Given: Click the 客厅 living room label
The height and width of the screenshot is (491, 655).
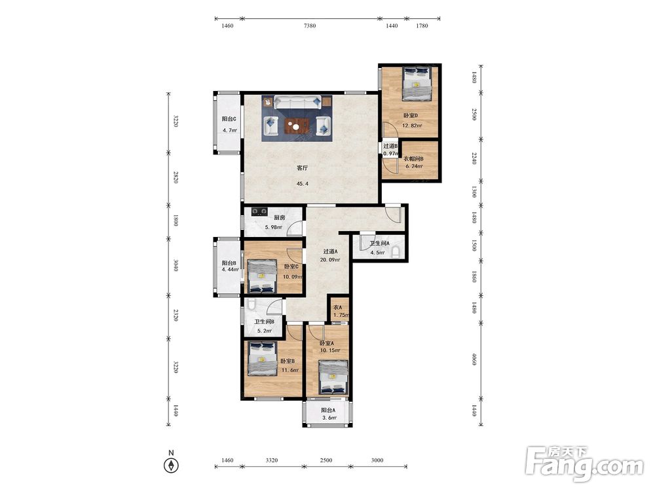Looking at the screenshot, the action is (x=302, y=168).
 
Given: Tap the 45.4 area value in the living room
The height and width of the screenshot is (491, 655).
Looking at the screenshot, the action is (x=302, y=184).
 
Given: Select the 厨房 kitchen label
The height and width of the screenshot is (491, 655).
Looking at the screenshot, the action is (x=279, y=217).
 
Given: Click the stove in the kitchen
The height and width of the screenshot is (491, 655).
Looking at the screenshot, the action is (x=259, y=211).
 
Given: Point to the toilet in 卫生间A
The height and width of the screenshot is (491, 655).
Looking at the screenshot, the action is (x=396, y=252).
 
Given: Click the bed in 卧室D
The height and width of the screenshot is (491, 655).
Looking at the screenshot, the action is (x=417, y=84).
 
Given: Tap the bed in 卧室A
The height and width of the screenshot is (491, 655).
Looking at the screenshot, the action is (x=333, y=378).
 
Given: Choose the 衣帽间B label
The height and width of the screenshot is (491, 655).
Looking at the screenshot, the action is (x=413, y=158).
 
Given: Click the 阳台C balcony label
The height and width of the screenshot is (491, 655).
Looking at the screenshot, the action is (x=229, y=119).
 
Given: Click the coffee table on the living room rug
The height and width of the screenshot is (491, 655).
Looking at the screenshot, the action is (x=297, y=125).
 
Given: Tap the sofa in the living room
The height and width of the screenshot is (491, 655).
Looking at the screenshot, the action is (x=297, y=102).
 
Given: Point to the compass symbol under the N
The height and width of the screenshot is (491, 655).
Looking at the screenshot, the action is (x=171, y=465).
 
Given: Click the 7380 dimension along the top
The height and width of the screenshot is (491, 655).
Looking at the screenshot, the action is (x=310, y=26).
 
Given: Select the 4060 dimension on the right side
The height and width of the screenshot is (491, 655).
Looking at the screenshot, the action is (x=474, y=359).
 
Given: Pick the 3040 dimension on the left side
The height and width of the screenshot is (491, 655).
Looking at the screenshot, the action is (x=176, y=266).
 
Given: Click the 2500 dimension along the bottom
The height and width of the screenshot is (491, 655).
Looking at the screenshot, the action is (x=326, y=460).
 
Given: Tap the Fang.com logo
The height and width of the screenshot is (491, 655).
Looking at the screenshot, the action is (x=584, y=463).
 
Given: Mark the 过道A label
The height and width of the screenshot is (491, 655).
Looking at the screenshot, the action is (x=330, y=252).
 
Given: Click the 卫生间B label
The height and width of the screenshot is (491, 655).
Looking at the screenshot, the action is (x=265, y=322).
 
